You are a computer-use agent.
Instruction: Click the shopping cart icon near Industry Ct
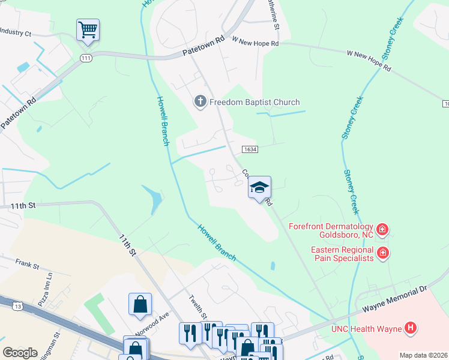88,30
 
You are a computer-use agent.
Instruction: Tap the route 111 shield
86,56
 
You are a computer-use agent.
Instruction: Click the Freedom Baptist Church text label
254,102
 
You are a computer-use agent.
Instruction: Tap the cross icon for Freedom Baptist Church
200,102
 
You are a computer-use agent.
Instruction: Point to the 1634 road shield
250,149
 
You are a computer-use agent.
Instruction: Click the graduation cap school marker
259,188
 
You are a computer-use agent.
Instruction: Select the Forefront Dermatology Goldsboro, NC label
331,231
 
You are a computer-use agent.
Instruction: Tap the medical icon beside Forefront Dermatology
382,229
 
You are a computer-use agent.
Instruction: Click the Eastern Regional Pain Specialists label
342,254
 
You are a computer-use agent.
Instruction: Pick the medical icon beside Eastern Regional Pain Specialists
382,254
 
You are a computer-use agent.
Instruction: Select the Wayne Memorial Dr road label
394,299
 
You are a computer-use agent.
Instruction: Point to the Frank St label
27,264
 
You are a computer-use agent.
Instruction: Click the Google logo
20,353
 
